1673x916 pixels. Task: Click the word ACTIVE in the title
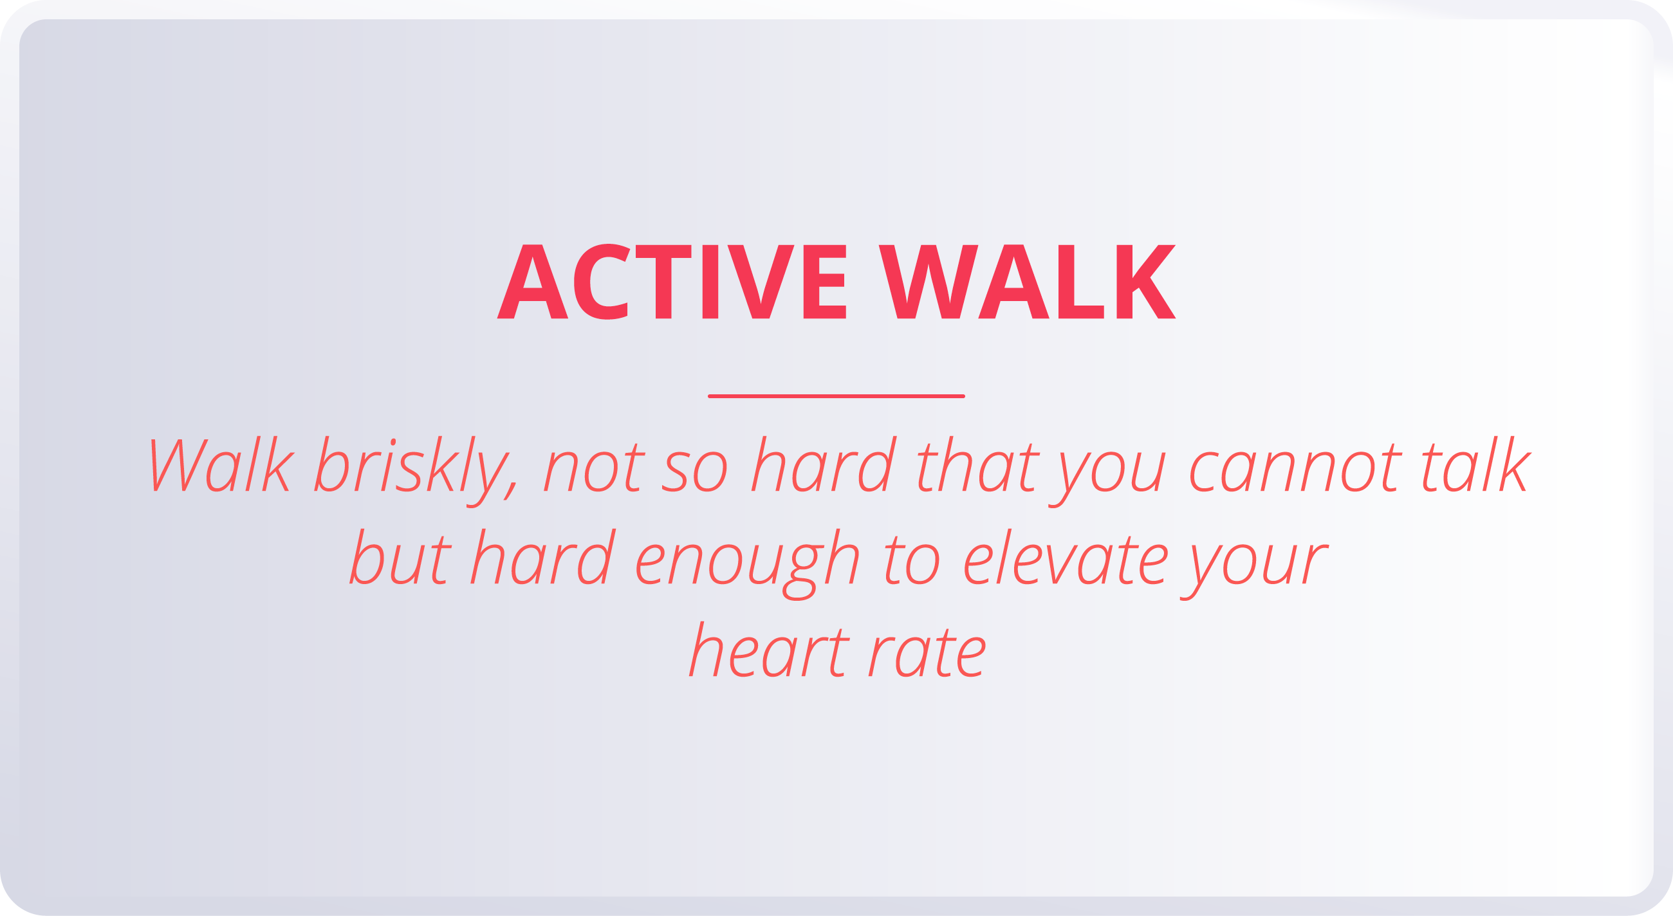[x=672, y=282]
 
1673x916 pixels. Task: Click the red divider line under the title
[x=836, y=396]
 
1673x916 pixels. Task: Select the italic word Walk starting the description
[x=221, y=465]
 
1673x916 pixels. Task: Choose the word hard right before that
[x=824, y=465]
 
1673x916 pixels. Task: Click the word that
[x=977, y=465]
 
